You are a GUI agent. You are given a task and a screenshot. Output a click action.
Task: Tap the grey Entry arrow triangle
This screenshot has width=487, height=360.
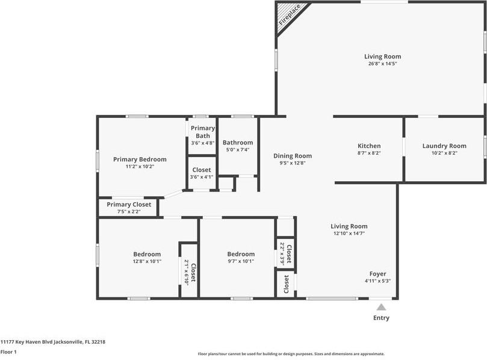click(x=380, y=307)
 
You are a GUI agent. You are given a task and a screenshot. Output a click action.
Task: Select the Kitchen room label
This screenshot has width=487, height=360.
click(x=369, y=146)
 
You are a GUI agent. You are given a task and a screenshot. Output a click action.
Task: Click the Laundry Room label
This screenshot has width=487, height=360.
click(x=444, y=146)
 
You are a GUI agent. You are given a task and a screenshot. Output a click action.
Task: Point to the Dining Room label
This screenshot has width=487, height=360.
click(x=293, y=155)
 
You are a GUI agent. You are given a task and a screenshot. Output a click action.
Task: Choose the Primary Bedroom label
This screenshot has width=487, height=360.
click(x=140, y=160)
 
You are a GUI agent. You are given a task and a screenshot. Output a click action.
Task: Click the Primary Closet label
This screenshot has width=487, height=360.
click(x=129, y=205)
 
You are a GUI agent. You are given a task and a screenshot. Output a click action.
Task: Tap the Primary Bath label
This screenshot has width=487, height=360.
click(x=203, y=132)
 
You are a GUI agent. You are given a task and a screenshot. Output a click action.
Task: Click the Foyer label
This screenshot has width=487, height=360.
click(x=377, y=274)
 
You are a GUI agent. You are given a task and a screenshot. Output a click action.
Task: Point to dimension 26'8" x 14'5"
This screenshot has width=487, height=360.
click(x=382, y=63)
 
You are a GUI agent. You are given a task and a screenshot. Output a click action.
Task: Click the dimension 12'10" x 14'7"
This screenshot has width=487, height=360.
click(x=349, y=234)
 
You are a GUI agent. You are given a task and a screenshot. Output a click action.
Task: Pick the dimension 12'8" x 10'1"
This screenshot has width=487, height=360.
click(x=147, y=261)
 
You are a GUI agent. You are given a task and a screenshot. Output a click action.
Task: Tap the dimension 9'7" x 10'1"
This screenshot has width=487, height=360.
click(x=241, y=261)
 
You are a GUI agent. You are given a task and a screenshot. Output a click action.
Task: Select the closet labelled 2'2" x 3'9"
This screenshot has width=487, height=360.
click(x=285, y=253)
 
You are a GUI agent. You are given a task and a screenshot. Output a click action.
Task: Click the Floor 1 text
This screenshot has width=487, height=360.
click(x=8, y=352)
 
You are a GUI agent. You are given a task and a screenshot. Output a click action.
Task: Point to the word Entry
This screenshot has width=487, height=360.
click(x=381, y=318)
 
